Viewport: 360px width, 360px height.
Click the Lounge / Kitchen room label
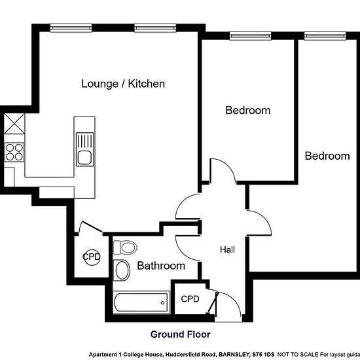pos(123,84)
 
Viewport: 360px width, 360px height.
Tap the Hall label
pos(227,249)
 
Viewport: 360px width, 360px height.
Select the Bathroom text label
pos(161,266)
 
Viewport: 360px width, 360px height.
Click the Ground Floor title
pos(181,334)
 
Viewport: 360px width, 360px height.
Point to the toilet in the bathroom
pos(125,247)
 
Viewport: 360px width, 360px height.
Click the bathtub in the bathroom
pos(141,302)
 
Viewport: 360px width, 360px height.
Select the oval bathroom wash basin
pos(122,270)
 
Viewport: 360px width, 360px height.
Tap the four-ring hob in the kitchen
pos(14,152)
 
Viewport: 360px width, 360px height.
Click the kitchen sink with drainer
pos(85,149)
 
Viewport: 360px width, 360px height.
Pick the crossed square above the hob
pos(14,124)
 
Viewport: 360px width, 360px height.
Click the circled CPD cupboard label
pos(92,257)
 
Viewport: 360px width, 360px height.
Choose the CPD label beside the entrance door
pos(190,299)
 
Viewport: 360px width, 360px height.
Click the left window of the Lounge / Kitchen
pos(71,28)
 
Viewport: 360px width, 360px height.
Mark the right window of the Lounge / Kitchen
pos(155,28)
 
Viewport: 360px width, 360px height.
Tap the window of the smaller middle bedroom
pos(251,36)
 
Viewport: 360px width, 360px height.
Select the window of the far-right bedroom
pos(325,36)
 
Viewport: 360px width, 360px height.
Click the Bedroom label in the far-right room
pos(327,156)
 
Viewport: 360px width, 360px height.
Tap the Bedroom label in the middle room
pos(247,111)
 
